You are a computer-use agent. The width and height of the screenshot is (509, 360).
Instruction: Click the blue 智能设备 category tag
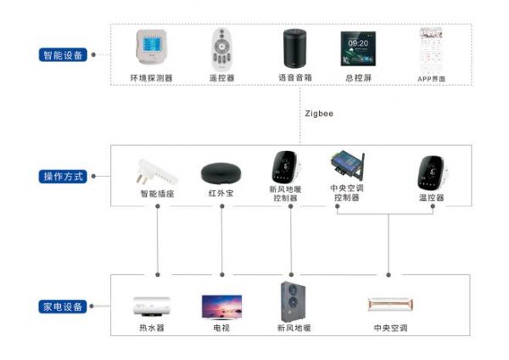click(63, 55)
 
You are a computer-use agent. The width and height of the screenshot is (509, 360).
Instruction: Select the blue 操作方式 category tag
click(63, 177)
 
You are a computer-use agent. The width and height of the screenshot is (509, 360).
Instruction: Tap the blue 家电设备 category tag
click(63, 307)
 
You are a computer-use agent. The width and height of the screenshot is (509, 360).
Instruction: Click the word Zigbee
click(318, 112)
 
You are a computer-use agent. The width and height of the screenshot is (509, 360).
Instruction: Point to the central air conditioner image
click(390, 305)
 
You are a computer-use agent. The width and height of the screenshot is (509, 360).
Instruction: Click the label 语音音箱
click(294, 78)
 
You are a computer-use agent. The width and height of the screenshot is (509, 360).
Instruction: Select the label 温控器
click(431, 197)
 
